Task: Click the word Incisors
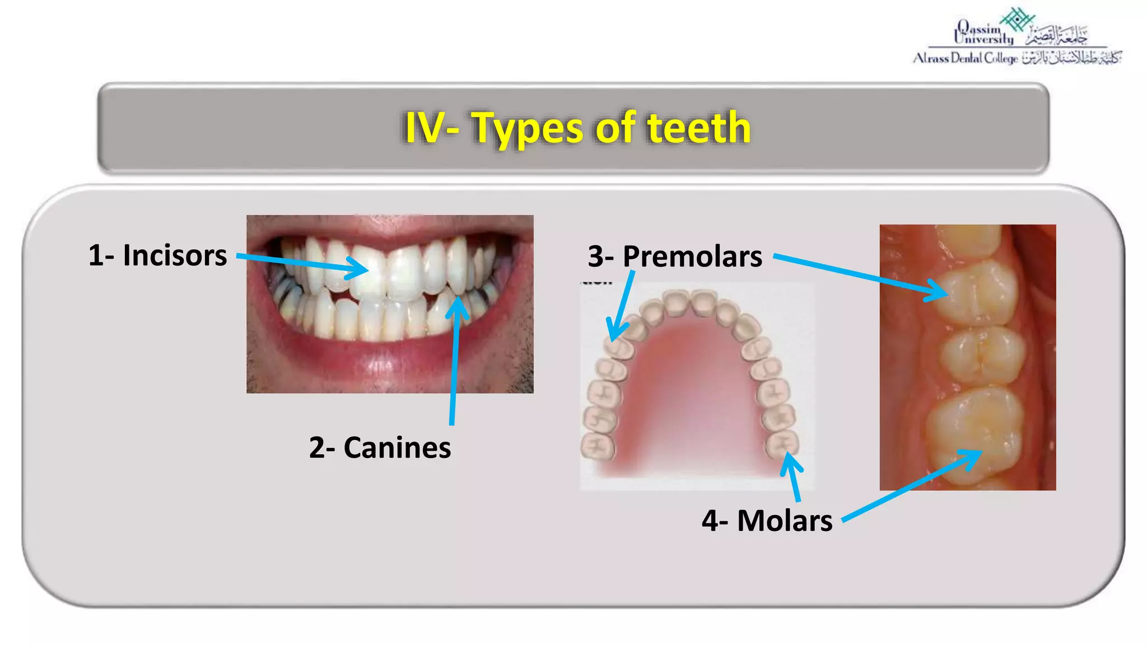pos(175,256)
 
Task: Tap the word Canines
pos(397,448)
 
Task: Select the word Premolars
pos(692,257)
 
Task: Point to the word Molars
pos(785,521)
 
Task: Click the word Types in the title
pos(528,128)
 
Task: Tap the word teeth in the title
pos(699,128)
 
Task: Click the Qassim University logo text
pos(983,32)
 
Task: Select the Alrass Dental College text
pos(965,58)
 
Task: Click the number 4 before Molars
pos(710,521)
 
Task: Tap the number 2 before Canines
pos(317,448)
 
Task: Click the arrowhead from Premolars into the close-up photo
pos(943,293)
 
